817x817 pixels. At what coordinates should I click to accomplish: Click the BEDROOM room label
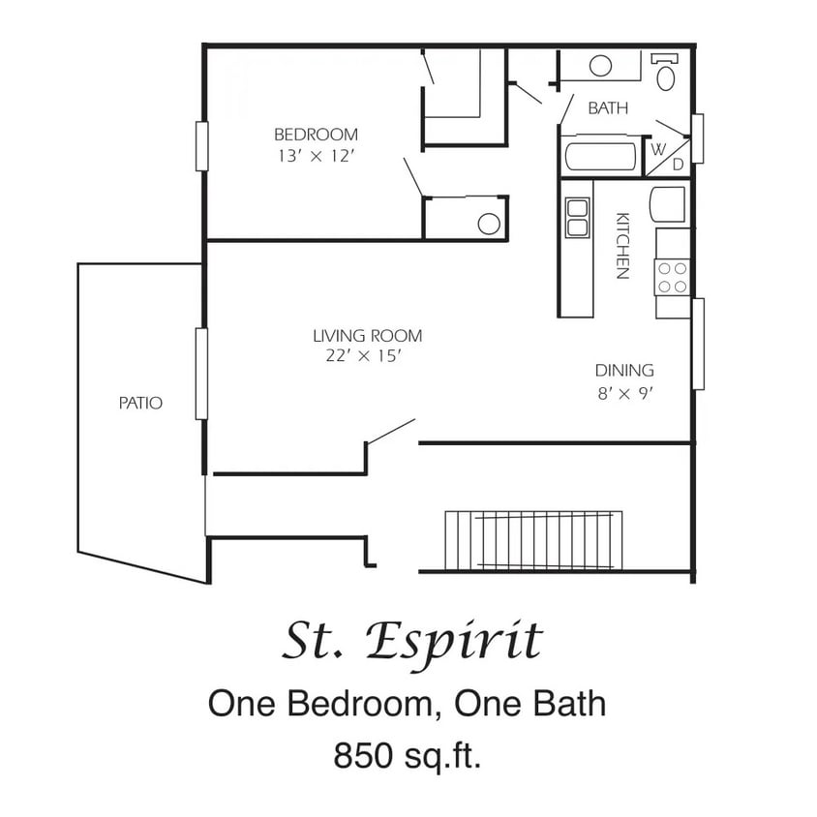315,135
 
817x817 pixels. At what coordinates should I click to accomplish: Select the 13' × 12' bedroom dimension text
315,155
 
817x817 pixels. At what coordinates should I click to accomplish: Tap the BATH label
608,108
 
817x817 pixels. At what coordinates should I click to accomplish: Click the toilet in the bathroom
667,74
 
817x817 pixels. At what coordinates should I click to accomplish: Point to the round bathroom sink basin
601,66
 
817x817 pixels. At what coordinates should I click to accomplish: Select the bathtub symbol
600,157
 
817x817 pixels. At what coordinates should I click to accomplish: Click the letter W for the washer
658,149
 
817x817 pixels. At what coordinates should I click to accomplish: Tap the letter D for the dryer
678,165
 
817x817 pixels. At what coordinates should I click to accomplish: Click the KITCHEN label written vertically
622,246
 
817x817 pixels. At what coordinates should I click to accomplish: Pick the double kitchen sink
578,218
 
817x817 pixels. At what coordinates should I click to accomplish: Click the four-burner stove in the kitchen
673,277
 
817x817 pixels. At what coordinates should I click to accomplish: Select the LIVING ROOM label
367,336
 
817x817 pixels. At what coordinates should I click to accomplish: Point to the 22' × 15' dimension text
363,356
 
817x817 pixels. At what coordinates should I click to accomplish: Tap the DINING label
623,370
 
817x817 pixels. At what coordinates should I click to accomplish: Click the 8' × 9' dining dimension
623,393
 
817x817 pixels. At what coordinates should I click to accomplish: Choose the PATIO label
140,403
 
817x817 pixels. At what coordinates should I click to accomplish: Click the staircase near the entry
531,540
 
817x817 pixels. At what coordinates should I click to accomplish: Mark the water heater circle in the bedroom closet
489,224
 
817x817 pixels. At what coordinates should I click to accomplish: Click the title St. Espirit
412,641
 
